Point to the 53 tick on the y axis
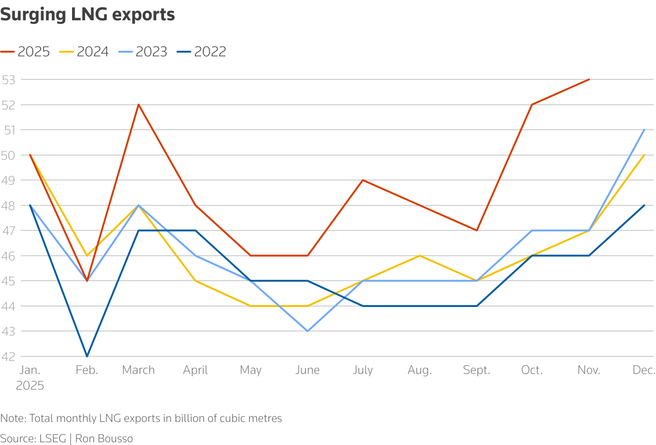pyautogui.click(x=8, y=80)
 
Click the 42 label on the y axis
pyautogui.click(x=8, y=356)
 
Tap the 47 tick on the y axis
pyautogui.click(x=8, y=231)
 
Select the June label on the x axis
pyautogui.click(x=307, y=370)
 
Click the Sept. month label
pyautogui.click(x=477, y=370)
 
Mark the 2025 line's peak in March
pyautogui.click(x=139, y=105)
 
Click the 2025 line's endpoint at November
pyautogui.click(x=589, y=79)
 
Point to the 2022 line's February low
pyautogui.click(x=87, y=356)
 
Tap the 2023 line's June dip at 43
pyautogui.click(x=308, y=331)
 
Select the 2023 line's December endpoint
pyautogui.click(x=644, y=130)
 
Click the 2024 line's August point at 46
pyautogui.click(x=420, y=256)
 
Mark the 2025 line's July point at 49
pyautogui.click(x=363, y=180)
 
